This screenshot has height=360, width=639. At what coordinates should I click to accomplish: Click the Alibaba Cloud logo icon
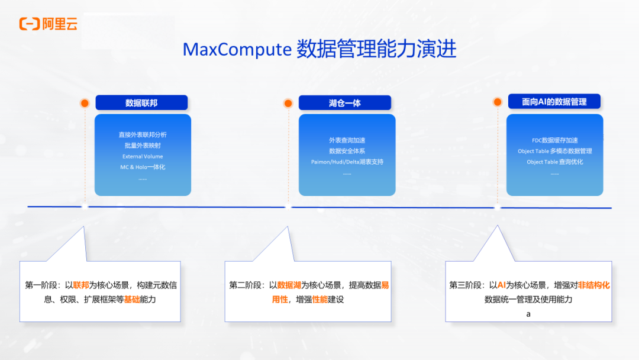pyautogui.click(x=29, y=24)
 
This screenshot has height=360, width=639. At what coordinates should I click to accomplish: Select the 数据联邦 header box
pyautogui.click(x=141, y=103)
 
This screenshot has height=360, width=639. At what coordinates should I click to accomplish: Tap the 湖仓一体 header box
pyautogui.click(x=345, y=103)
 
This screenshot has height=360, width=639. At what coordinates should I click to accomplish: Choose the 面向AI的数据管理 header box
pyautogui.click(x=554, y=102)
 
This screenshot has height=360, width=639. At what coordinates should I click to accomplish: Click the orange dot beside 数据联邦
pyautogui.click(x=85, y=103)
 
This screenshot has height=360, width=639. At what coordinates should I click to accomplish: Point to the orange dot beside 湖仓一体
pyautogui.click(x=288, y=103)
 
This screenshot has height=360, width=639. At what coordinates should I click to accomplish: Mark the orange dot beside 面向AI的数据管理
pyautogui.click(x=498, y=102)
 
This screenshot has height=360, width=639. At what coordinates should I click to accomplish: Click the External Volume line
pyautogui.click(x=143, y=156)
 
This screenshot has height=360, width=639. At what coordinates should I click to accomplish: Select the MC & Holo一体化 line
pyautogui.click(x=143, y=167)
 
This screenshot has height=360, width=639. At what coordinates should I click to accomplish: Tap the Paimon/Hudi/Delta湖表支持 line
pyautogui.click(x=347, y=162)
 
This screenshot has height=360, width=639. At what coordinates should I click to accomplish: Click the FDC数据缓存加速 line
pyautogui.click(x=555, y=140)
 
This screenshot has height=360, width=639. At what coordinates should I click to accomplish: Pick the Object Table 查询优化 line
pyautogui.click(x=555, y=162)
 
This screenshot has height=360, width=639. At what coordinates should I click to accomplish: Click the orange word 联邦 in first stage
pyautogui.click(x=80, y=285)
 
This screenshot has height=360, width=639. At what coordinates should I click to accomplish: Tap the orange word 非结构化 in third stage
pyautogui.click(x=593, y=285)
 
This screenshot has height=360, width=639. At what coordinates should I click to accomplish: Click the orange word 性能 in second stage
pyautogui.click(x=319, y=300)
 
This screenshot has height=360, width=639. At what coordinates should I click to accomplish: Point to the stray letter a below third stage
pyautogui.click(x=528, y=314)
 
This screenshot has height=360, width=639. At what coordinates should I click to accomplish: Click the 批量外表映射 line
pyautogui.click(x=143, y=146)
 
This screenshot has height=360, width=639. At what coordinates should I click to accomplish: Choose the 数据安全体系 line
pyautogui.click(x=347, y=151)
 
